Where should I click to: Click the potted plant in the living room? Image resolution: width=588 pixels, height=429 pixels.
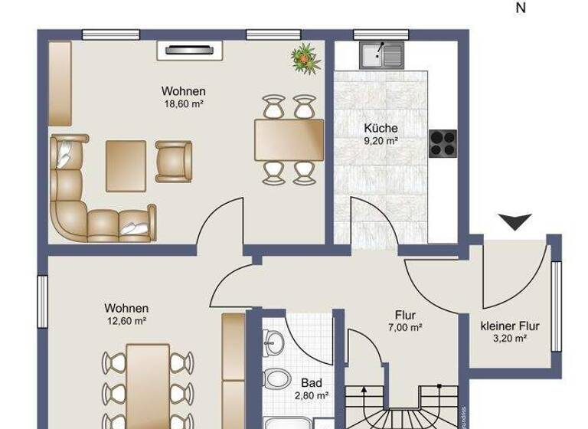click(305, 57)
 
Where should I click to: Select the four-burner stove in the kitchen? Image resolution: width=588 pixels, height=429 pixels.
click(443, 141)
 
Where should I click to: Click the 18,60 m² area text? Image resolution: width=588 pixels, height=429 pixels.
click(183, 103)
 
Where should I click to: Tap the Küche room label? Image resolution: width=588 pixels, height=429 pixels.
click(381, 129)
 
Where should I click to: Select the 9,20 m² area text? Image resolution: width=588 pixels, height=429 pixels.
click(381, 141)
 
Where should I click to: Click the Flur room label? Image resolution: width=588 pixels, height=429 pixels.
click(405, 315)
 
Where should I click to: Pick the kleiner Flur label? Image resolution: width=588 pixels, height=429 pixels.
click(509, 326)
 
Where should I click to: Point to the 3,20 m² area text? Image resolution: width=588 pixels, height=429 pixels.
click(509, 339)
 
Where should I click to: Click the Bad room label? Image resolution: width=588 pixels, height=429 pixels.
click(311, 383)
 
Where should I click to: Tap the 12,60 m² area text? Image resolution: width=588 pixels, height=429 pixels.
click(126, 321)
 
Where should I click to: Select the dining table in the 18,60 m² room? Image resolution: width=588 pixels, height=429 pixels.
click(289, 139)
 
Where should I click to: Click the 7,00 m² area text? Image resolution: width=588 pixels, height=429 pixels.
click(405, 327)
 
